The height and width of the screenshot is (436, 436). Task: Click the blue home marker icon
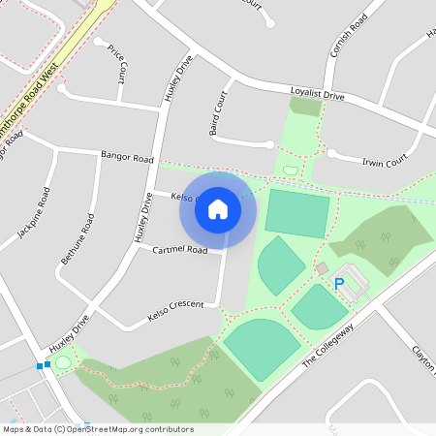coord(218,209)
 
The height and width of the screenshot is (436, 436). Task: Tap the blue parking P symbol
coord(339,284)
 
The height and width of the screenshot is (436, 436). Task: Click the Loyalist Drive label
coord(317,95)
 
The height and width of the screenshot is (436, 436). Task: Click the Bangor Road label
coord(127,156)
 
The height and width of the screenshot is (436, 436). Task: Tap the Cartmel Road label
coord(180,250)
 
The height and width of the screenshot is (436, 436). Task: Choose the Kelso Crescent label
coord(175,309)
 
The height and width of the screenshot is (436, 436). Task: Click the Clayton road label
coord(423,359)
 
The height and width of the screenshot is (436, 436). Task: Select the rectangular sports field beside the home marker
coord(297,214)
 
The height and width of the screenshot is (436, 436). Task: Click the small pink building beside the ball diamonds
coord(322,267)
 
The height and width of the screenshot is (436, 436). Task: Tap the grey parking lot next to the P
coord(356,281)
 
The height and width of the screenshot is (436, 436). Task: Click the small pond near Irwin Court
coord(290,171)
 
